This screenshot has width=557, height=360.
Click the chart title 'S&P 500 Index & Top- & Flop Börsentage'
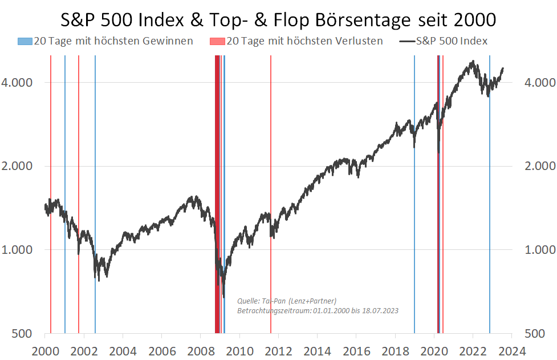pyautogui.click(x=278, y=20)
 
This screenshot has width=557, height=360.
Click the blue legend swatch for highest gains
pyautogui.click(x=25, y=41)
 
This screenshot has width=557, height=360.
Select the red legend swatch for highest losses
pyautogui.click(x=217, y=41)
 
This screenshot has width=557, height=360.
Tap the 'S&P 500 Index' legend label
pyautogui.click(x=452, y=41)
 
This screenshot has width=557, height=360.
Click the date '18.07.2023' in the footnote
pyautogui.click(x=379, y=311)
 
